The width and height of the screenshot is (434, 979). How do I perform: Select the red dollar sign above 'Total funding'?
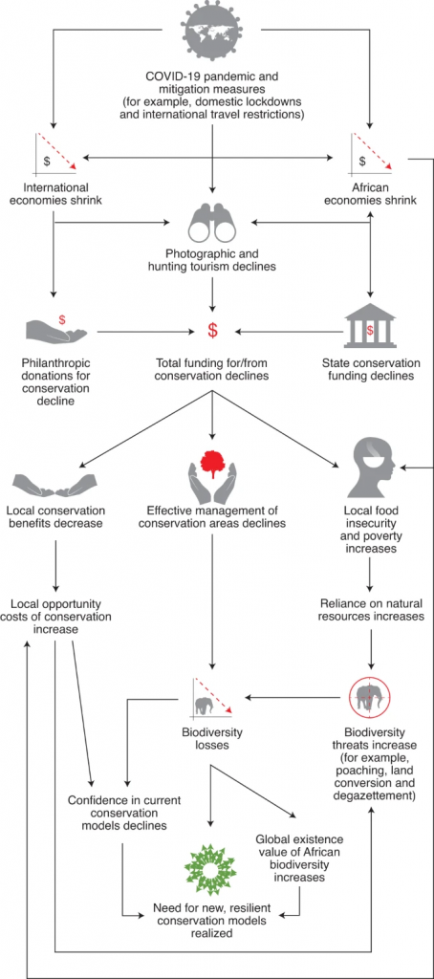213,331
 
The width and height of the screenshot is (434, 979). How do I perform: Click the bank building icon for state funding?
371,325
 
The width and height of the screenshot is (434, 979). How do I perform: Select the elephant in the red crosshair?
371,697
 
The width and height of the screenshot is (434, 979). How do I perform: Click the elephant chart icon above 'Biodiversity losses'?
213,697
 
